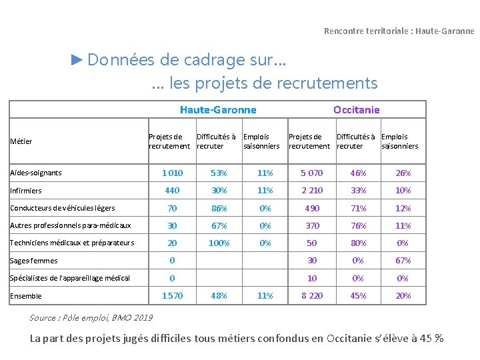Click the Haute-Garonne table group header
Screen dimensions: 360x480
(x=218, y=109)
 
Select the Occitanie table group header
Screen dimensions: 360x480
(x=357, y=109)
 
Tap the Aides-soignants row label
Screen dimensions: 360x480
(x=36, y=173)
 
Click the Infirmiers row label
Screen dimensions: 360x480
(x=26, y=191)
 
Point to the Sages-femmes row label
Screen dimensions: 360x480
(x=34, y=261)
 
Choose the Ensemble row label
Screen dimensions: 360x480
(x=26, y=296)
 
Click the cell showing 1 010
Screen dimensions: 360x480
(x=172, y=173)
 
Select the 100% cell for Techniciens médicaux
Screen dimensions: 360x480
(x=219, y=243)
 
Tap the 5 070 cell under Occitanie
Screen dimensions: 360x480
(x=311, y=173)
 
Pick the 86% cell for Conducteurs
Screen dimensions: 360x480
(x=219, y=208)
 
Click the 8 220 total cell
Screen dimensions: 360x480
(x=311, y=296)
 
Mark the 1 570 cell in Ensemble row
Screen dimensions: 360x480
(x=172, y=296)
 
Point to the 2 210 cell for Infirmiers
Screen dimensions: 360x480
(x=311, y=191)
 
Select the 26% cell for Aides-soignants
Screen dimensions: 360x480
(x=403, y=173)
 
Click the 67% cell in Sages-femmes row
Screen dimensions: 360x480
(x=403, y=261)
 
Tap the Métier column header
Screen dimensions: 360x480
(x=21, y=141)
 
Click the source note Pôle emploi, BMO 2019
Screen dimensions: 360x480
(x=91, y=317)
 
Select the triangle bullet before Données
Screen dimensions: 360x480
(x=77, y=60)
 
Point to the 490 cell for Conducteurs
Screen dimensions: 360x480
(x=311, y=208)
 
